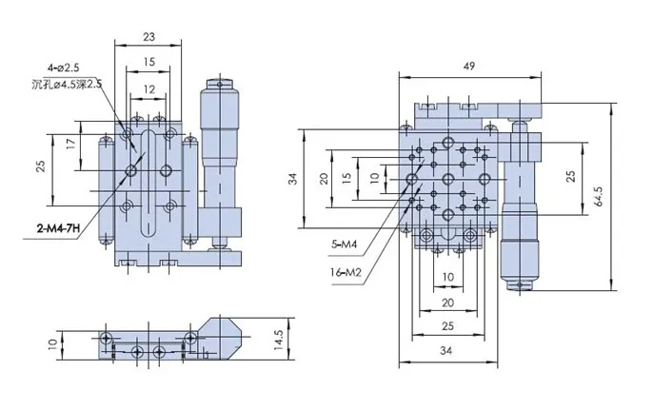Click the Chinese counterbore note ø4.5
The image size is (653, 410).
[69, 85]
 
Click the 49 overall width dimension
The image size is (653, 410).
[469, 66]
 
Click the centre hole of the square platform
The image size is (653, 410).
[446, 178]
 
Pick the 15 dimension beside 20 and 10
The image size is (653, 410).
[347, 177]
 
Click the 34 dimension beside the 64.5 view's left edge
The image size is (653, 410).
[294, 178]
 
